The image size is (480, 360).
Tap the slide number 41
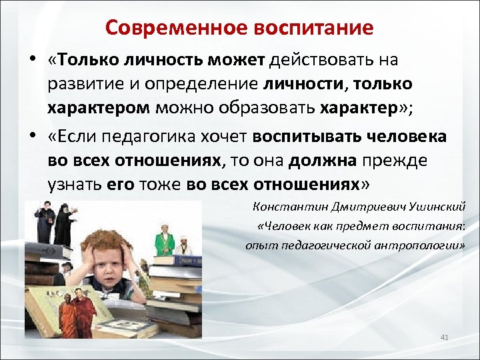coord(445,338)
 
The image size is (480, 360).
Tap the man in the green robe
coord(163,240)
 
